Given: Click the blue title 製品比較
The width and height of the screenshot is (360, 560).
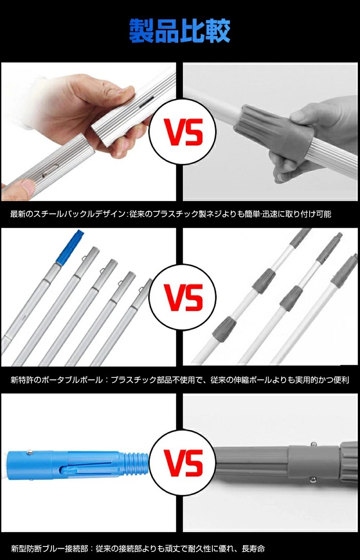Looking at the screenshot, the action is click(x=180, y=31).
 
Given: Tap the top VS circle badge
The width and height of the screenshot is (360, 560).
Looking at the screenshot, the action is click(x=182, y=132).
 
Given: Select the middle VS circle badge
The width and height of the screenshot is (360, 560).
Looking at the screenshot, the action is click(x=182, y=297).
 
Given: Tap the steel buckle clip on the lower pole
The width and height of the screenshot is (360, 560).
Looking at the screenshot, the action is click(x=50, y=171).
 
